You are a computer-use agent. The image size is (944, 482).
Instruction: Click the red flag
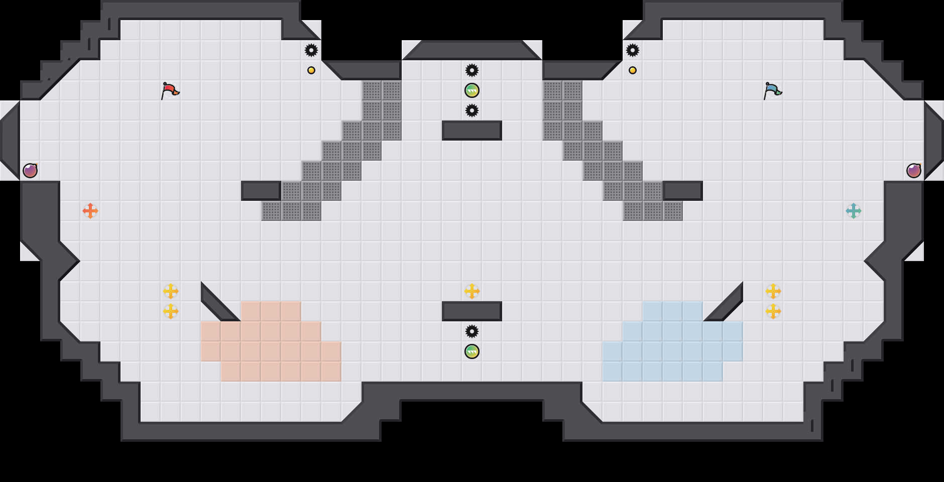[x=170, y=90]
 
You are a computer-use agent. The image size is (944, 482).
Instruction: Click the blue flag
[x=772, y=90]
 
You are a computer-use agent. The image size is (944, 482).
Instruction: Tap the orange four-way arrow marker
[x=90, y=211]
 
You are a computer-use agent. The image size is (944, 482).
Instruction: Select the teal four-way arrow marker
[x=854, y=211]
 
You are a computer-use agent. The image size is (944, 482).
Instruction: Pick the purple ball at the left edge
[x=30, y=171]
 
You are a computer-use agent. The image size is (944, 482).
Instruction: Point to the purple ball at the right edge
[x=914, y=171]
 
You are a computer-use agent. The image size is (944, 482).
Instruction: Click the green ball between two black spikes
[x=472, y=90]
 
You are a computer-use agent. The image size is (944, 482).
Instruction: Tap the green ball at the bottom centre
[x=472, y=351]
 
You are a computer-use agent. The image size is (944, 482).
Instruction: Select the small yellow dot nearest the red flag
[x=311, y=70]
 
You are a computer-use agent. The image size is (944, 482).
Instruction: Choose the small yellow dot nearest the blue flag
[x=633, y=70]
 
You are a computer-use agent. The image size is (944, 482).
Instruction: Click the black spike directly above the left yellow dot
[x=311, y=50]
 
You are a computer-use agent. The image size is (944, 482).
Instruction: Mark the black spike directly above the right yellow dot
[x=633, y=50]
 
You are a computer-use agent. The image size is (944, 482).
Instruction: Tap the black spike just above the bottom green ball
[x=472, y=331]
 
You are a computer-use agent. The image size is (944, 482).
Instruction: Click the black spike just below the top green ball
[x=472, y=110]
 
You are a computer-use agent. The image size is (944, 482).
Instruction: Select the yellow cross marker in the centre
[x=472, y=291]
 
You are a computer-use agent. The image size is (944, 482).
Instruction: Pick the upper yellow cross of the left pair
[x=171, y=291]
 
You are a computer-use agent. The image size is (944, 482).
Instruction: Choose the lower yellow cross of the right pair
[x=773, y=311]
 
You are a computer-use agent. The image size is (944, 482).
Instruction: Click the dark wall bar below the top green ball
[x=472, y=131]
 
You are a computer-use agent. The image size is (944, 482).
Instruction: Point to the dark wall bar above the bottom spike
[x=472, y=311]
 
